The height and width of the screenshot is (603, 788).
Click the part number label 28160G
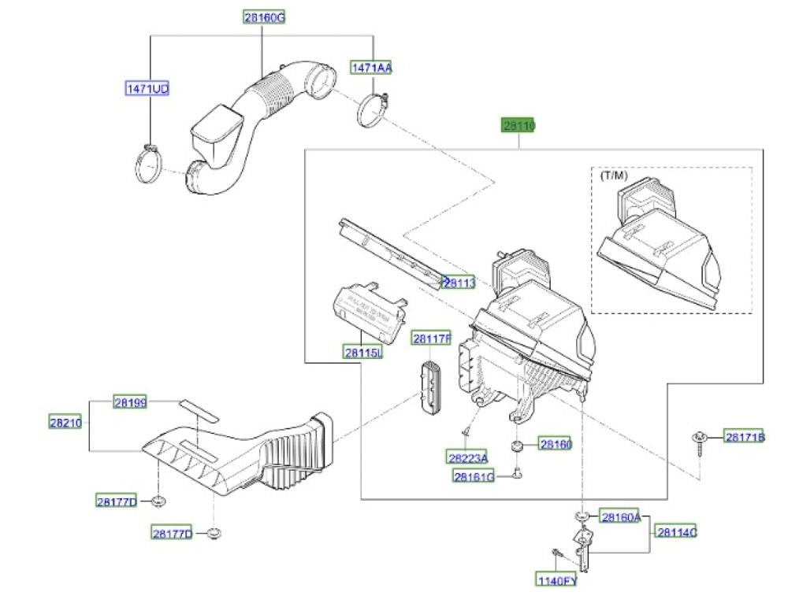point(263,17)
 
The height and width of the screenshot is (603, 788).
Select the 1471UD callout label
point(147,89)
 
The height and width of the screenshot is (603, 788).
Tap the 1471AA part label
point(372,68)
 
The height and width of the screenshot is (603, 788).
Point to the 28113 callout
point(459,282)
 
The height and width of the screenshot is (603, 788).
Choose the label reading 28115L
point(363,353)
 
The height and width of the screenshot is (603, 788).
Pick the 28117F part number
point(432,339)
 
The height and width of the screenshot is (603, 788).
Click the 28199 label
point(131,402)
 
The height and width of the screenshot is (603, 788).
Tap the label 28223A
point(467,457)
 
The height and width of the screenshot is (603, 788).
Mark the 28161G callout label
point(474,475)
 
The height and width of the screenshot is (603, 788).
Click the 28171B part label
point(745,438)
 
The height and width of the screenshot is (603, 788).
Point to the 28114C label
point(677,533)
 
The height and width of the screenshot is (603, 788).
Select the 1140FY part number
point(557,581)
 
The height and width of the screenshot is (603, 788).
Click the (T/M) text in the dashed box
point(614,175)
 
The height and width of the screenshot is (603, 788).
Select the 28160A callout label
point(621,517)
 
